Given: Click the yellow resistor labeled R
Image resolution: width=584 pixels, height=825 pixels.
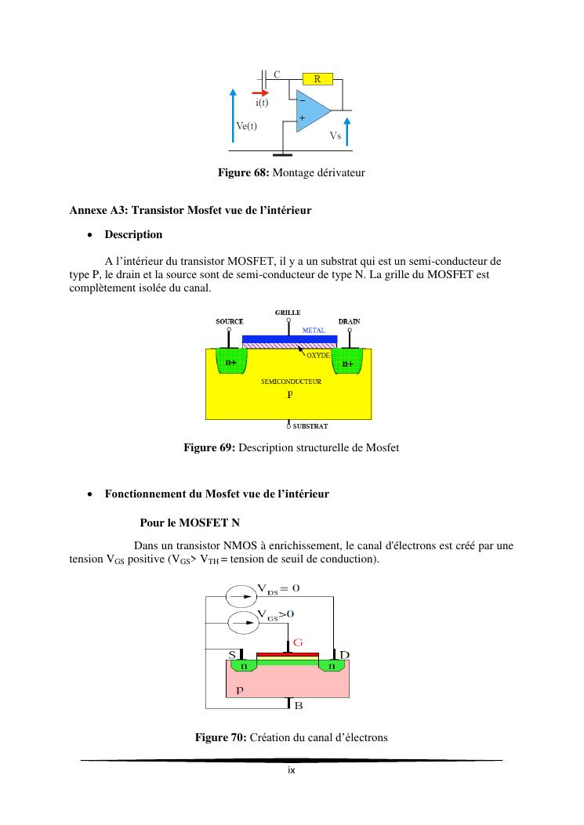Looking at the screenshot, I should click(x=317, y=78).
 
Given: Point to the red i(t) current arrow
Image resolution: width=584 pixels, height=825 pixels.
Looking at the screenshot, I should click(x=260, y=92).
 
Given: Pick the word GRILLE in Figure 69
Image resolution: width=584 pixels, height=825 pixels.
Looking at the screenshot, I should click(x=288, y=312).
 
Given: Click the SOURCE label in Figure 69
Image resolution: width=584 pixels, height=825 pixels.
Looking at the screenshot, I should click(x=229, y=321).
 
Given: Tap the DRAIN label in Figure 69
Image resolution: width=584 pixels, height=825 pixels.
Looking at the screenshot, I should click(x=349, y=321).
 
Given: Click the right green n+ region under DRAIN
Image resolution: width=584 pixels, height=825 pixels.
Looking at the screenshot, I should click(x=346, y=364).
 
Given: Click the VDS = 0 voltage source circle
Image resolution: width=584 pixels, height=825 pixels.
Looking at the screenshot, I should click(x=241, y=596).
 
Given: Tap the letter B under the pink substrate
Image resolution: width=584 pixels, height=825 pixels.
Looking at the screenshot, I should click(x=299, y=705).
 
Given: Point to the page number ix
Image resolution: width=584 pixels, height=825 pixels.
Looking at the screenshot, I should click(x=291, y=770).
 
